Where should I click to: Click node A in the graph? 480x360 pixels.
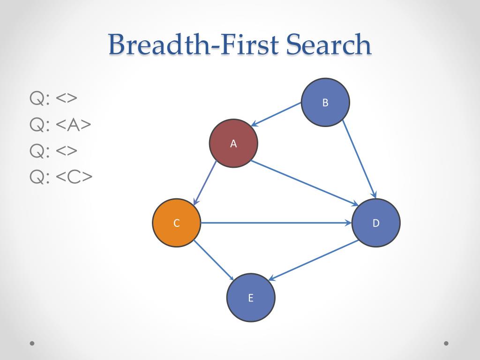[233, 143]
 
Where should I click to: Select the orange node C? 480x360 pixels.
[177, 223]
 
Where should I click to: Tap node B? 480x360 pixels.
[325, 102]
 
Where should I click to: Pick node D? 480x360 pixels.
[376, 223]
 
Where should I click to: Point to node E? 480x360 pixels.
[251, 298]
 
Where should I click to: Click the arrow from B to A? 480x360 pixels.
[276, 114]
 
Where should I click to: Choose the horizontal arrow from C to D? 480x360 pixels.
[277, 223]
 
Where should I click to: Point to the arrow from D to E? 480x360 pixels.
[314, 260]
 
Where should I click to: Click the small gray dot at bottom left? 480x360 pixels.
[32, 343]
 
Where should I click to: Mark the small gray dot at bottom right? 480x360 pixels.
[446, 343]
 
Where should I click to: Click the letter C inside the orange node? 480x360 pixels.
[177, 223]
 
